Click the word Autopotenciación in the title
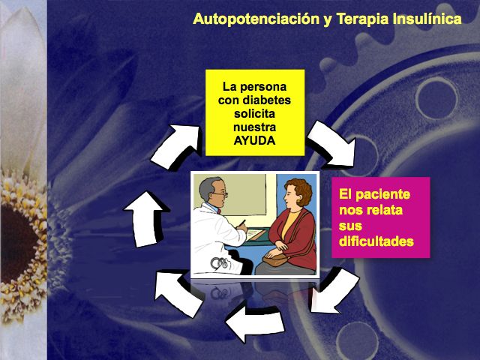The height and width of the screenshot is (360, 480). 256,19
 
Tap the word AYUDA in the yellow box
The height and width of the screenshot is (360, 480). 254,141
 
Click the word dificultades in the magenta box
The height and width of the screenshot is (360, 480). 376,241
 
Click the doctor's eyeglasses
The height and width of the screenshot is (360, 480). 220,194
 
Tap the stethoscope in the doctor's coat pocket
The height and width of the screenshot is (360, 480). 220,262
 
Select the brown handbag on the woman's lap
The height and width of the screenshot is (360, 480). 274,260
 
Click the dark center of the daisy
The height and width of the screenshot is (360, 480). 18,241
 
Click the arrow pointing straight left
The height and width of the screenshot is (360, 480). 255,321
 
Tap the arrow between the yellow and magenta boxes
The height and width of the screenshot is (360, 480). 331,145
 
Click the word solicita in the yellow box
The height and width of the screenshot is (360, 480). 254,114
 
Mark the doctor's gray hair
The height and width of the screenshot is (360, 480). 207,187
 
